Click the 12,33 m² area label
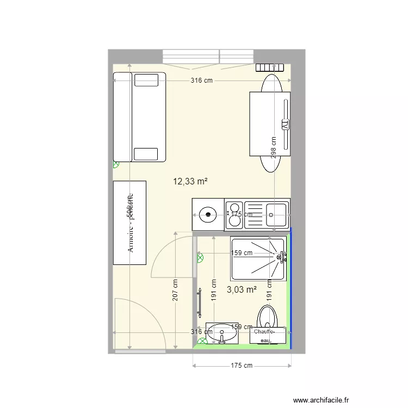pyautogui.click(x=190, y=182)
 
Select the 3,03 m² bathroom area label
pyautogui.click(x=242, y=290)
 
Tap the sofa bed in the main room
pyautogui.click(x=139, y=117)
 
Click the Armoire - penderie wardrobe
pyautogui.click(x=129, y=223)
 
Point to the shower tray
pyautogui.click(x=258, y=259)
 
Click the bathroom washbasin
pyautogui.click(x=222, y=333)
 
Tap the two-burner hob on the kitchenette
pyautogui.click(x=234, y=214)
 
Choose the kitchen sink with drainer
pyautogui.click(x=266, y=214)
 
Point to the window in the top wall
pyautogui.click(x=208, y=57)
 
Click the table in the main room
pyautogui.click(x=270, y=125)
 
